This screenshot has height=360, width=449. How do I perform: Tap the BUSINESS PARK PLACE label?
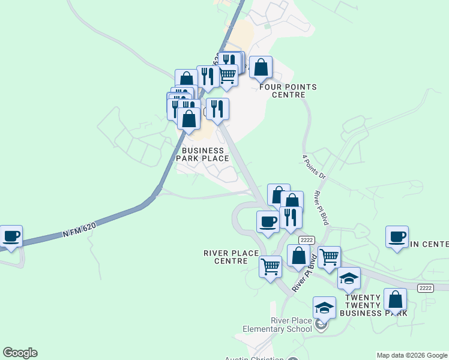click(202, 155)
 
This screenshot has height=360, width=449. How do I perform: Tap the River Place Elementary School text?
click(277, 325)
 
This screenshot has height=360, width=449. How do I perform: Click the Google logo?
click(20, 353)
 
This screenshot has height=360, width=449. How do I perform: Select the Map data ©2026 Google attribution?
click(411, 355)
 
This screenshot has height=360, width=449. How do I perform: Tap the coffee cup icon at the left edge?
click(11, 236)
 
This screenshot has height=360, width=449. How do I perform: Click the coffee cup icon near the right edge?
click(397, 237)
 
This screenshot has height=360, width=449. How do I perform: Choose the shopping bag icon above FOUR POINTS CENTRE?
click(261, 68)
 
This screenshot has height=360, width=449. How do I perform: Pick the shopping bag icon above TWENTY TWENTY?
click(395, 299)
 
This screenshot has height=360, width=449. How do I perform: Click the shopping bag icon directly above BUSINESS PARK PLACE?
click(189, 119)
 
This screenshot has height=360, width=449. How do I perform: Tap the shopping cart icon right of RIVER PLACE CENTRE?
click(271, 265)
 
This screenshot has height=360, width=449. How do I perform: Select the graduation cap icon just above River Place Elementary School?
click(324, 308)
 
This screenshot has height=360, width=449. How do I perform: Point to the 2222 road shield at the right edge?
click(426, 288)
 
